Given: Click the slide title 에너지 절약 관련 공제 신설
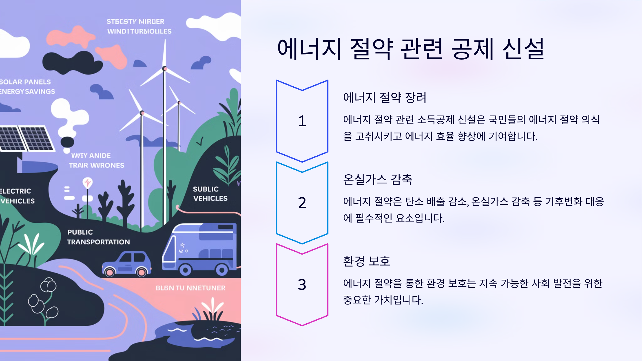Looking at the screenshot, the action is tap(411, 49).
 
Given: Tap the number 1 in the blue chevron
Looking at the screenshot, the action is tap(302, 121).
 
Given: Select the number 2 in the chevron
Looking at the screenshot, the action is tap(302, 203).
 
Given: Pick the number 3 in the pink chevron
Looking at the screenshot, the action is tap(302, 285).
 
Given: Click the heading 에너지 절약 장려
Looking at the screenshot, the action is tap(384, 98).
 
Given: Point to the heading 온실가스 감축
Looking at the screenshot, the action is tap(377, 179).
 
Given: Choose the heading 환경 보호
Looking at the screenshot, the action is tap(366, 261).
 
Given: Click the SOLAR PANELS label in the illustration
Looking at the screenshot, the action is tap(25, 82).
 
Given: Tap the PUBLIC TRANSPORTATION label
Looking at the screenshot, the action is tap(98, 237).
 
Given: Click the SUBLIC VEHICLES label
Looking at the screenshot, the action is tap(210, 194).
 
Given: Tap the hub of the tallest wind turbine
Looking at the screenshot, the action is tap(165, 69).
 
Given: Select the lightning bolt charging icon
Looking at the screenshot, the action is tap(87, 183).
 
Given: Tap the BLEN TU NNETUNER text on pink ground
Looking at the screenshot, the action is tap(190, 288).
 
